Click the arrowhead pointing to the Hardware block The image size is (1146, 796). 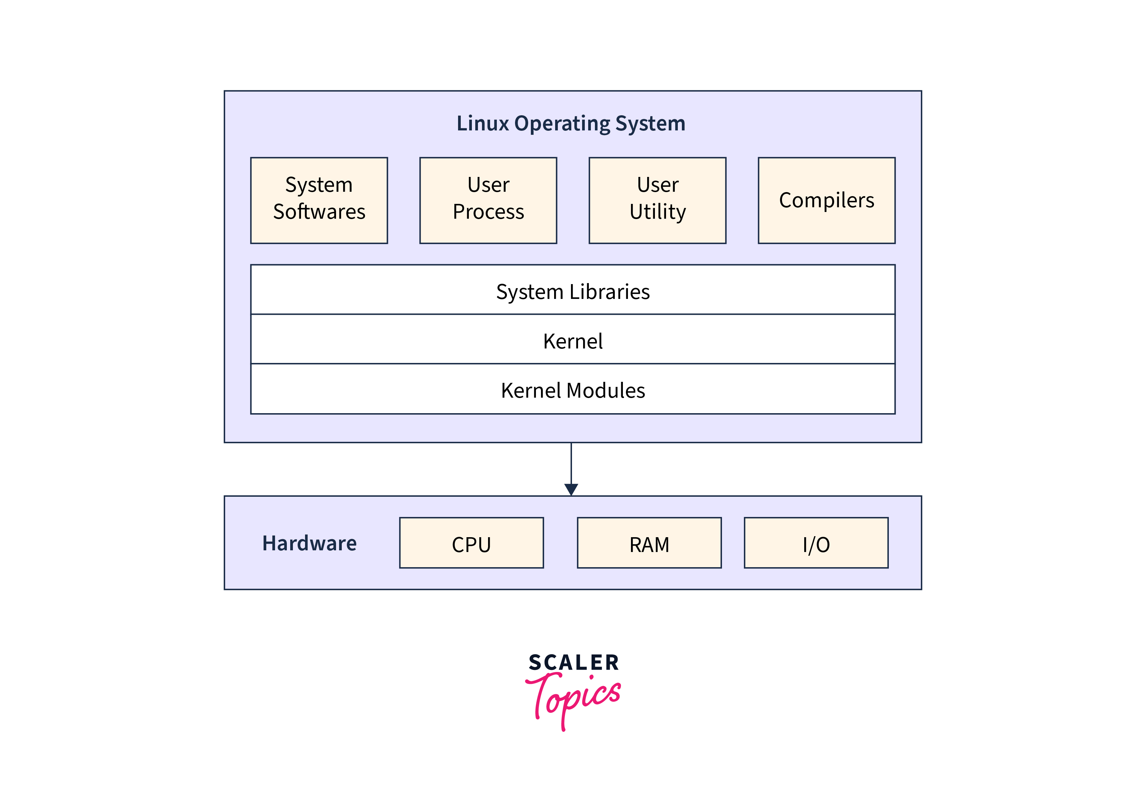click(x=571, y=489)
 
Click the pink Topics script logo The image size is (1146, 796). click(x=573, y=698)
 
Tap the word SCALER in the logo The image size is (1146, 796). click(x=573, y=662)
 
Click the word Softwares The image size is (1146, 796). click(x=319, y=211)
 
